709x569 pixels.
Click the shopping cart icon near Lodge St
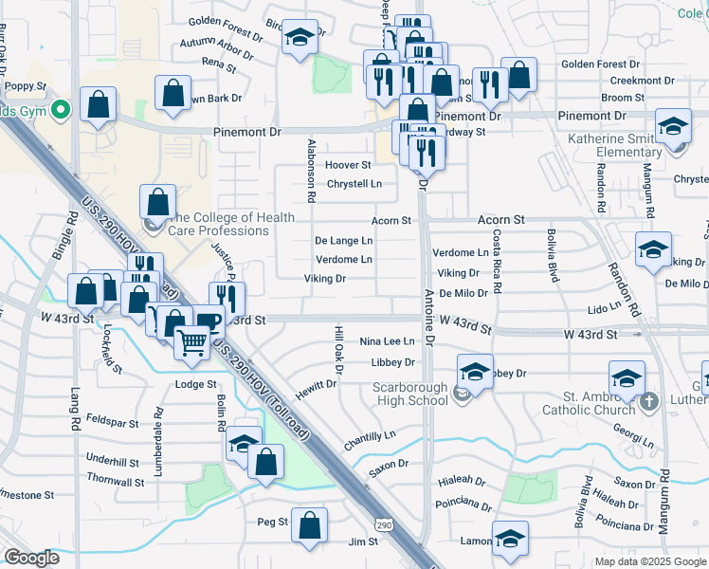coord(192,341)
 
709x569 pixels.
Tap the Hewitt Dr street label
coord(315,385)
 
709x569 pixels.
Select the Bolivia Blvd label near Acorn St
coord(552,256)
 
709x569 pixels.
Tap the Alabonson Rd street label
coord(311,171)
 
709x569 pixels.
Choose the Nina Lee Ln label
coord(388,341)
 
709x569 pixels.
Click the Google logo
coord(32,558)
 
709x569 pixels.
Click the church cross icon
coord(649,402)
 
